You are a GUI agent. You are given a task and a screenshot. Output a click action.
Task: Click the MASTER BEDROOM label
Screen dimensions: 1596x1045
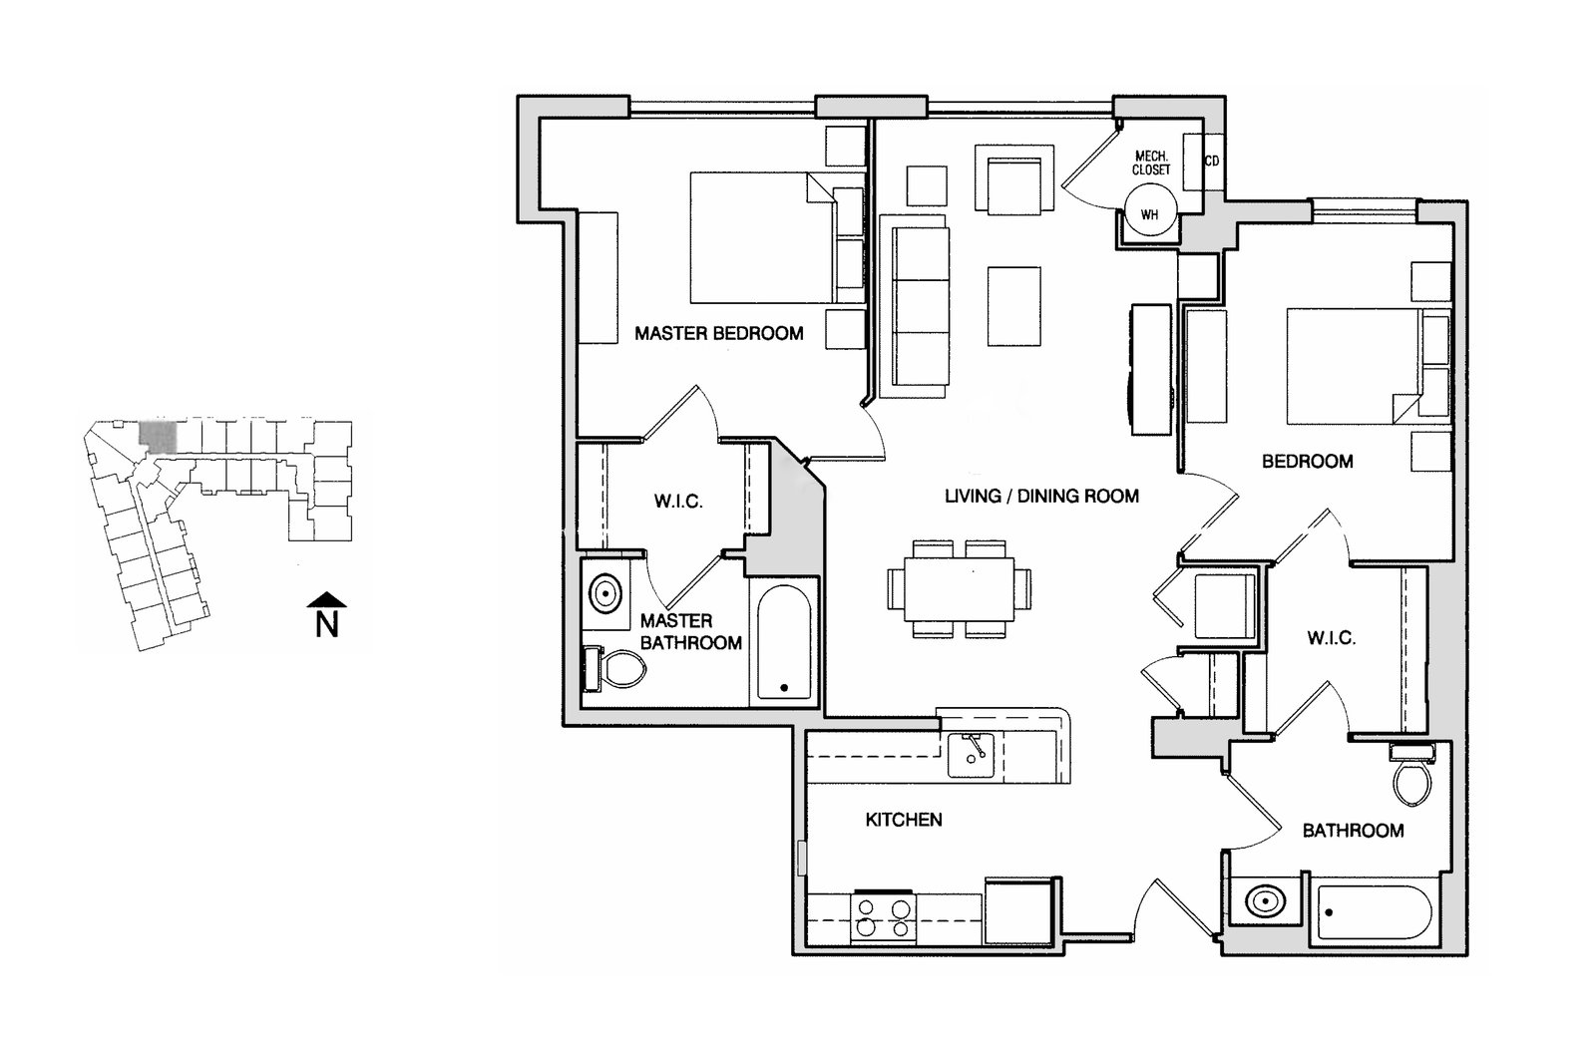pos(718,333)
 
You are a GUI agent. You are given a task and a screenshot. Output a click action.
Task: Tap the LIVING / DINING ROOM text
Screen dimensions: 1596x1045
pos(1041,496)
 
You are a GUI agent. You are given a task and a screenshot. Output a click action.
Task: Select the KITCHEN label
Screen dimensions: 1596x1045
pos(903,820)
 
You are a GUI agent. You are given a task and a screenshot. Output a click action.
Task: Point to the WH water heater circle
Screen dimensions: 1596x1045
pos(1150,213)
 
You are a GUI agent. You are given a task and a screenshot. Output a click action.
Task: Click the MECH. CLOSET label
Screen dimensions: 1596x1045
pos(1151,164)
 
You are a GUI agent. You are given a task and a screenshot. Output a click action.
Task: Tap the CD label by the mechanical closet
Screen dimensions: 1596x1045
pos(1212,162)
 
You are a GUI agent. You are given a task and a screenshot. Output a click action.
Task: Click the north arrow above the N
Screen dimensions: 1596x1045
pos(326,598)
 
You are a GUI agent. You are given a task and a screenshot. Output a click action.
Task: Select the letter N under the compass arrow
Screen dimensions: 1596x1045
pos(326,625)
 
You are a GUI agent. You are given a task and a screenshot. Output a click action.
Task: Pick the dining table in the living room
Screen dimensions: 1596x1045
pos(959,589)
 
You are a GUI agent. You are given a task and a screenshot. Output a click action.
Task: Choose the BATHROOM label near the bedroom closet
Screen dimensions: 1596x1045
pos(1353,830)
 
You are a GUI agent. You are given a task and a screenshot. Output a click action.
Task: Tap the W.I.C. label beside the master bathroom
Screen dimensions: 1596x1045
pos(678,502)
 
